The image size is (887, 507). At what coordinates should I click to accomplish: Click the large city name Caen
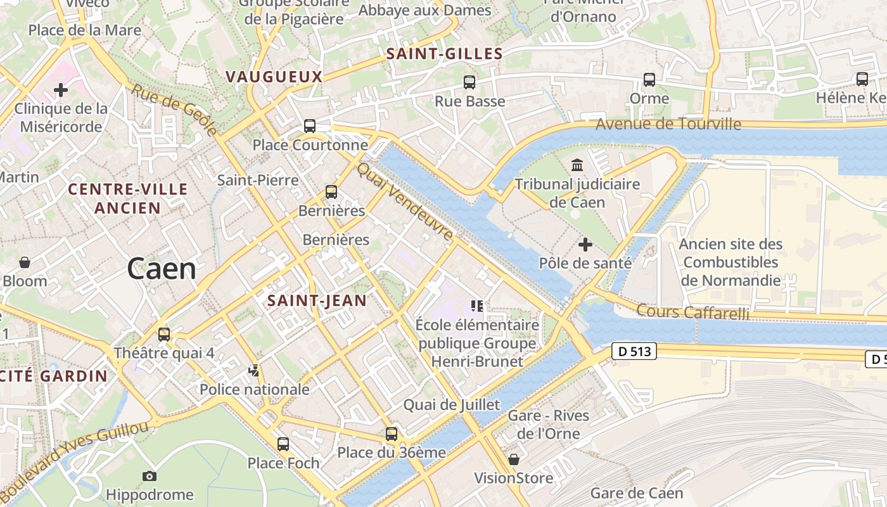tap(162, 269)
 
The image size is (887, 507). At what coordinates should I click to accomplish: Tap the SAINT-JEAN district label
tap(317, 300)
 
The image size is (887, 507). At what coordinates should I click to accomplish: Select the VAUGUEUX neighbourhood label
tap(274, 77)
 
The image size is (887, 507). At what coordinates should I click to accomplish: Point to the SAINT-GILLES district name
tap(444, 54)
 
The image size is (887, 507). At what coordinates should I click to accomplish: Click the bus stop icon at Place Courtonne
tap(310, 126)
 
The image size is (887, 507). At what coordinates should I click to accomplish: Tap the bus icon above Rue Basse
tap(469, 82)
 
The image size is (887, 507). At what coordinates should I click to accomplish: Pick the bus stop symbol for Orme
tap(649, 80)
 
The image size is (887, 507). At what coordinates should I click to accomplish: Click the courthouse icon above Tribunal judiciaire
tap(577, 165)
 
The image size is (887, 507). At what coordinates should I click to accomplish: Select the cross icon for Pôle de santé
tap(585, 244)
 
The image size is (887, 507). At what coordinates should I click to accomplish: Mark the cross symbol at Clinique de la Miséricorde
tap(61, 90)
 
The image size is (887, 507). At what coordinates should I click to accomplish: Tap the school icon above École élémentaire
tap(477, 306)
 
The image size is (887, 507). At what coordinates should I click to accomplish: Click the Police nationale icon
tap(254, 370)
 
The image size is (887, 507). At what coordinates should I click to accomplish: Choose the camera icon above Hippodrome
tap(150, 476)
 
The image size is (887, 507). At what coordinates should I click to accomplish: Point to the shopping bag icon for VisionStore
tap(514, 459)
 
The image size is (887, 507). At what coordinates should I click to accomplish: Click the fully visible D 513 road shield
tap(634, 351)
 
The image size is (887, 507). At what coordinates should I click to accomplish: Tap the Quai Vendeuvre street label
tap(405, 202)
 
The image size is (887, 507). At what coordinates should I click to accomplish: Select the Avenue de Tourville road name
tap(668, 124)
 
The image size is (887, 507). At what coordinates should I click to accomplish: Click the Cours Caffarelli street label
tap(692, 312)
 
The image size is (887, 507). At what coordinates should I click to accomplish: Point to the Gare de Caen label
tap(637, 493)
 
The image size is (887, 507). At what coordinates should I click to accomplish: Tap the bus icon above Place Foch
tap(283, 444)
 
